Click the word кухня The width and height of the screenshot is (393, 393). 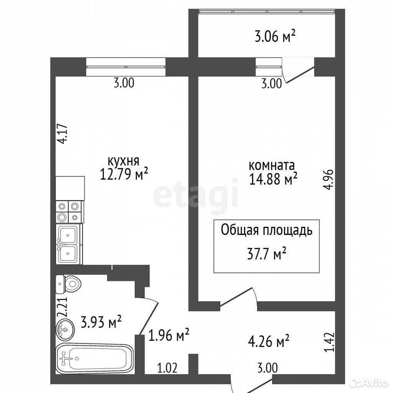click(123, 161)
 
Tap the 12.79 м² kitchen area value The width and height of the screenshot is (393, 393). click(124, 174)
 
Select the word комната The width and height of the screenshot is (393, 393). click(272, 165)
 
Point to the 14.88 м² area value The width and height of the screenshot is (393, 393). click(273, 179)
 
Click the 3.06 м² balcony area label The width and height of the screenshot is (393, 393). click(275, 37)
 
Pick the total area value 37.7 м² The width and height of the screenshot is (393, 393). click(267, 255)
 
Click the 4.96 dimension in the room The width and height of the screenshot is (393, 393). click(329, 179)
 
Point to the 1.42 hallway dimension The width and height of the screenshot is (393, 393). click(329, 342)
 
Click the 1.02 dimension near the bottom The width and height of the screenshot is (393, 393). click(167, 368)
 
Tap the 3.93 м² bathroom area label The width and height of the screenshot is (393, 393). click(101, 322)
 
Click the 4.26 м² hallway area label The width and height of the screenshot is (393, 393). click(269, 341)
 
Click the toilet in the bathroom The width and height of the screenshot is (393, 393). click(68, 284)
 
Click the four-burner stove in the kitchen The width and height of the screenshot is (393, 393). click(70, 212)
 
